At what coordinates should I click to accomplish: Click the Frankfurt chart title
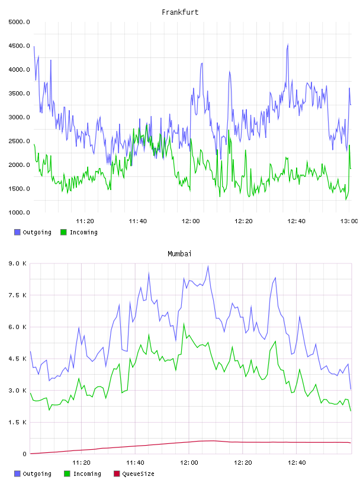point(180,12)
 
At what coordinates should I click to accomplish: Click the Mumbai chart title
point(179,254)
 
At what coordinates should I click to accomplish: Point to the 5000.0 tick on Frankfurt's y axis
point(19,22)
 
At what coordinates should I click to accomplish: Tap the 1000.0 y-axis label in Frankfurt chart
point(19,212)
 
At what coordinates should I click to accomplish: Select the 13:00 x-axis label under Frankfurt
point(349,221)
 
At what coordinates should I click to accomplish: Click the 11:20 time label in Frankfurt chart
point(85,221)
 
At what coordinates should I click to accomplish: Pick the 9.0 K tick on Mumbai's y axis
point(18,263)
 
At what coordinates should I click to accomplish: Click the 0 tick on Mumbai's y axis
point(24,454)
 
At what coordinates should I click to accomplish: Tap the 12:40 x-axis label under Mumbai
point(297,463)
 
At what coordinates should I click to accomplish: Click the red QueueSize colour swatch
point(117,474)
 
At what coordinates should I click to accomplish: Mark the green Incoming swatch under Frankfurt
point(63,232)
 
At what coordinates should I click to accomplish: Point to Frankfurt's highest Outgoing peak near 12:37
point(288,44)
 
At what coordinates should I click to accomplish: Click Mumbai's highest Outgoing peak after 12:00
point(208,266)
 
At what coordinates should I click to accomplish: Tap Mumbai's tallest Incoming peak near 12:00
point(184,324)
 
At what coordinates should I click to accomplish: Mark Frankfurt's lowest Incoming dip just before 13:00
point(346,199)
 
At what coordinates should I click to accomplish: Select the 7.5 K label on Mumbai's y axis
point(18,295)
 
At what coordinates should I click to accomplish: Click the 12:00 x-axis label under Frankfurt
point(191,221)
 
